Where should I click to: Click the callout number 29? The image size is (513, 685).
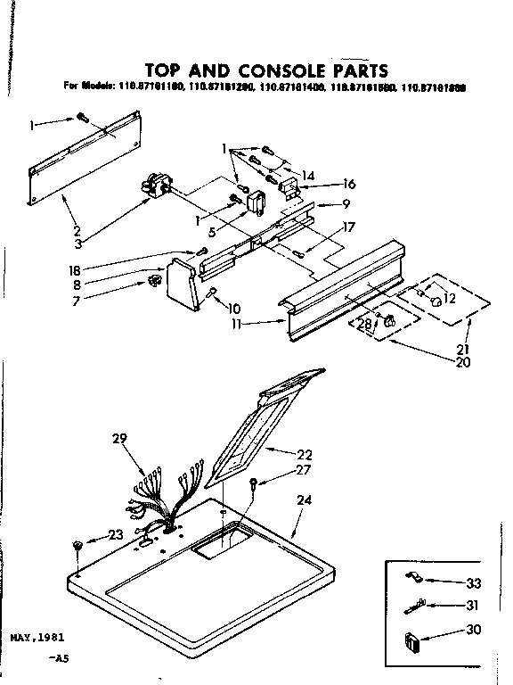(121, 437)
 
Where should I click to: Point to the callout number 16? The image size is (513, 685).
(348, 184)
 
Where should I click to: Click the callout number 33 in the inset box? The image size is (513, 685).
(472, 583)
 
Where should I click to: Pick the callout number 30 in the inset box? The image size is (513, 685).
(472, 630)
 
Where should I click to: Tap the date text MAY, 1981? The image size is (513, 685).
(39, 639)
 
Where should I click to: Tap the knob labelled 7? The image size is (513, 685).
(153, 284)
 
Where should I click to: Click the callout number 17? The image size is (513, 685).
(348, 227)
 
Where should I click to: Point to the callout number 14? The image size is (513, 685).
(308, 175)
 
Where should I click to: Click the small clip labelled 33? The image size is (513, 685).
(412, 578)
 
